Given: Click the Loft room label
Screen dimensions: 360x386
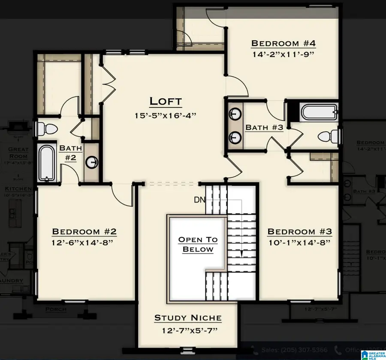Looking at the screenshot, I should (166, 102).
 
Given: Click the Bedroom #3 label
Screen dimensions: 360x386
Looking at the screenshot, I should (299, 232).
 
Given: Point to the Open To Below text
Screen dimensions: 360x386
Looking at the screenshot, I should (198, 245).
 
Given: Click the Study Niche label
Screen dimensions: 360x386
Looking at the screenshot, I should (188, 318).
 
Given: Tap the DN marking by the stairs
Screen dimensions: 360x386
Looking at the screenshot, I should (199, 200).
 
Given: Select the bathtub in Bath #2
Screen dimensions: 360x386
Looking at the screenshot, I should (47, 163).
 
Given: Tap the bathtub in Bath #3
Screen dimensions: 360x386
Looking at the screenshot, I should (318, 113).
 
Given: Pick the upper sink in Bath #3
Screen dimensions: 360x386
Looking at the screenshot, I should (234, 114).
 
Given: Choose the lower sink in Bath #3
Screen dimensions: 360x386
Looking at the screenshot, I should (234, 137).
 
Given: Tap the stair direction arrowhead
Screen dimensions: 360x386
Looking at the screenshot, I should (241, 254).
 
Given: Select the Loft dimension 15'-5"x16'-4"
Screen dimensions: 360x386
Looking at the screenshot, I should (166, 115).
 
